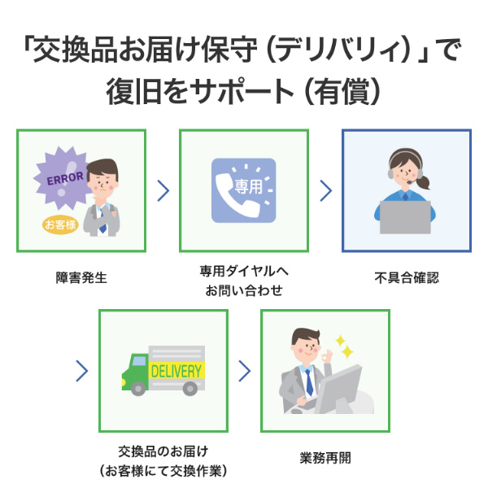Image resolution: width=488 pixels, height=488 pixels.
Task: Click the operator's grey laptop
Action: click(405, 216)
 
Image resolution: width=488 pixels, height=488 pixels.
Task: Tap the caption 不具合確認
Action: click(407, 278)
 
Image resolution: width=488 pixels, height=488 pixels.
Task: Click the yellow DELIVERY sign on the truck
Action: click(176, 371)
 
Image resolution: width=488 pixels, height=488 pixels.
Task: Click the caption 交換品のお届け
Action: click(163, 451)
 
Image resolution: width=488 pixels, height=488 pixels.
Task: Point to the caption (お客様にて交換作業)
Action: click(163, 470)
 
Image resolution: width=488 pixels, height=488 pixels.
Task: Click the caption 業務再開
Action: click(325, 458)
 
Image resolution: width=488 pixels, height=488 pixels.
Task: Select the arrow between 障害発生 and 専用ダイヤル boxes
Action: click(163, 190)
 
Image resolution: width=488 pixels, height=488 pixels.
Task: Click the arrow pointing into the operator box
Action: click(325, 190)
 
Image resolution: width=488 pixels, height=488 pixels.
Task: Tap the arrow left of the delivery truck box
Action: click(81, 371)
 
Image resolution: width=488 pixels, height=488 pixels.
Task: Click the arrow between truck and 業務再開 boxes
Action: click(244, 371)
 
